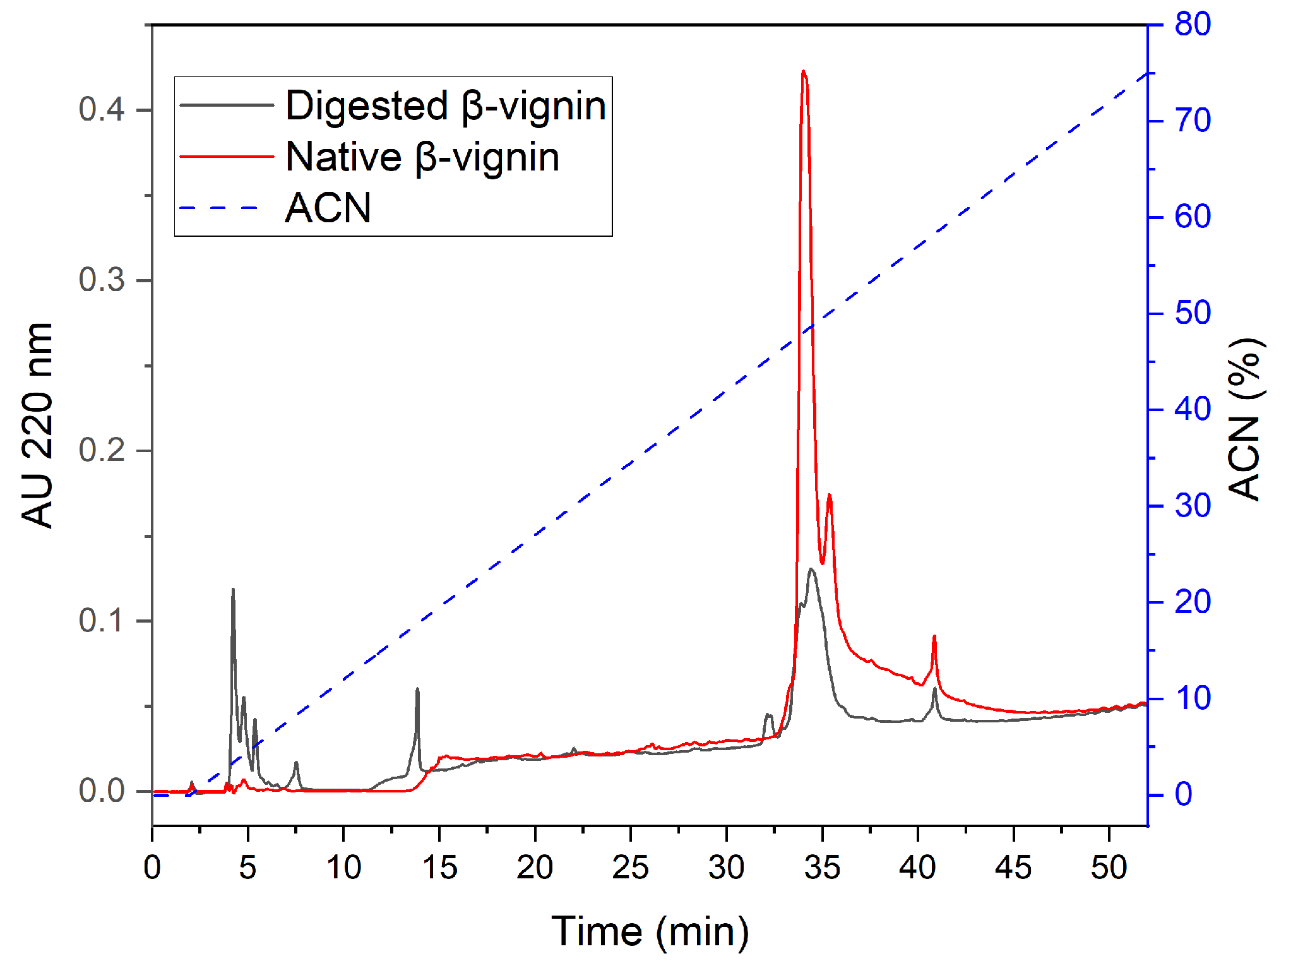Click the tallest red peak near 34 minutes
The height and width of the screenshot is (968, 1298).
(803, 72)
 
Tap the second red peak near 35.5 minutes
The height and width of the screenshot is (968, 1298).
(830, 496)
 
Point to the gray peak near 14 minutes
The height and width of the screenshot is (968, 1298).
(417, 690)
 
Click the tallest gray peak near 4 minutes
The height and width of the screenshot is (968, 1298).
(233, 590)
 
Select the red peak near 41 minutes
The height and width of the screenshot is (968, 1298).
(934, 637)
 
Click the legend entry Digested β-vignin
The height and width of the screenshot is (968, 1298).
(445, 105)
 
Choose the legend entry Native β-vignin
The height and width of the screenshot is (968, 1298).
(422, 157)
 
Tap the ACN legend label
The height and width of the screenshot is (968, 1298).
(328, 208)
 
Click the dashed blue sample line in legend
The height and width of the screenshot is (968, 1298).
(220, 208)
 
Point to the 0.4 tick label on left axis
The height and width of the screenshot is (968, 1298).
(102, 109)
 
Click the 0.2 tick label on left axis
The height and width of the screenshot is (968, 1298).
(102, 450)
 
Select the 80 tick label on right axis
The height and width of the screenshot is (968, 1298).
(1192, 25)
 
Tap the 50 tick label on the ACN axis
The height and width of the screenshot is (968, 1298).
(1192, 313)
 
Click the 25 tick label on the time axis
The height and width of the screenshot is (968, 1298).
(630, 868)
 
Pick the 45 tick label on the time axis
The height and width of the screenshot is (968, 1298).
(1013, 868)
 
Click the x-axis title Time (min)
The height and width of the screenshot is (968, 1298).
(650, 932)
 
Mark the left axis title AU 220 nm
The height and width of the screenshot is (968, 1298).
(38, 424)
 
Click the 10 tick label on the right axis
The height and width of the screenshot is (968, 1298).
(1192, 698)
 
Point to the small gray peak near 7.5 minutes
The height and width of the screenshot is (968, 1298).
(296, 763)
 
